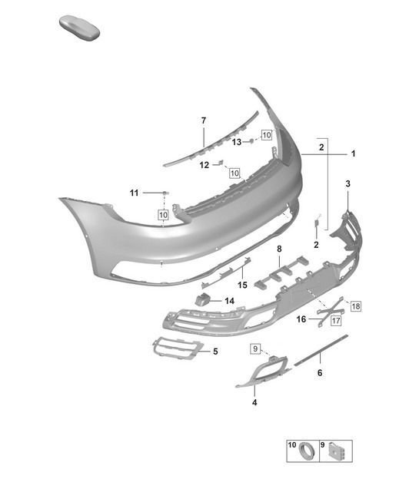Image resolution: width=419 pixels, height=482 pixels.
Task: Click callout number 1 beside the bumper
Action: (x=353, y=154)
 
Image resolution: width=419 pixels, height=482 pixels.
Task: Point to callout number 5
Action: (x=215, y=352)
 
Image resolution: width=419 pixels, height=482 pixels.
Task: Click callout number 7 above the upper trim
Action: (x=204, y=121)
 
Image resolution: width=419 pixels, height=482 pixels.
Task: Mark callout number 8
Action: (x=279, y=249)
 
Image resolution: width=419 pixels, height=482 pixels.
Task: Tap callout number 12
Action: (x=204, y=164)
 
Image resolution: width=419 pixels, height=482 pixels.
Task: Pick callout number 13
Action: (x=238, y=142)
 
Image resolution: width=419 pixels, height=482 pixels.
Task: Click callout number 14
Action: (x=228, y=301)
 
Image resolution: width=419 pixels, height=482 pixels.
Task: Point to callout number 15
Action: (x=241, y=285)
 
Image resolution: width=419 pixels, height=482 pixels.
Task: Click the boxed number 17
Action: (x=336, y=322)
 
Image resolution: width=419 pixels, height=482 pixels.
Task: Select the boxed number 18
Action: (x=355, y=306)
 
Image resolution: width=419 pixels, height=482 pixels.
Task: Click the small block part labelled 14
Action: (x=205, y=300)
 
